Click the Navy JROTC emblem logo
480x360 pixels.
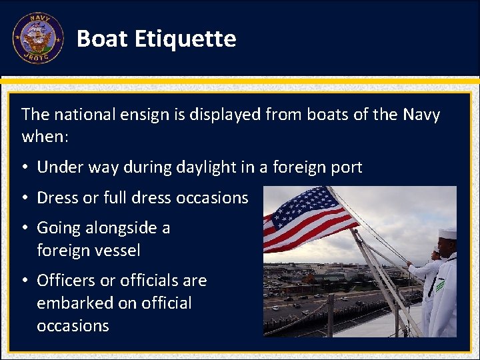(38, 39)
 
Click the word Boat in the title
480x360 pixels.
(102, 39)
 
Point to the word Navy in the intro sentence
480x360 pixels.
(421, 115)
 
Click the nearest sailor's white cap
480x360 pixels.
(447, 233)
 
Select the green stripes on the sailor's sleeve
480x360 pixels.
(440, 285)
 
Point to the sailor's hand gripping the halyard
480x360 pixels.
(409, 265)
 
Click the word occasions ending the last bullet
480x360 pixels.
(73, 326)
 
